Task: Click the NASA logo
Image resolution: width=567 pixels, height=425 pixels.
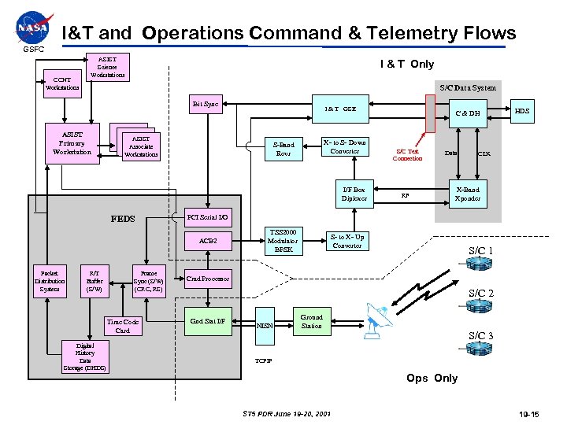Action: point(31,29)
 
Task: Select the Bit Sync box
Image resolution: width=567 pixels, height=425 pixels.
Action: point(206,104)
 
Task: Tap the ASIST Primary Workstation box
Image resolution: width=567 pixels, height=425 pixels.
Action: point(72,142)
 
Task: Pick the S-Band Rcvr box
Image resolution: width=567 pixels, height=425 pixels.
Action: point(283,148)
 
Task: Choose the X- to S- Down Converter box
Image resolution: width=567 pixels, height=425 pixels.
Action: point(345,146)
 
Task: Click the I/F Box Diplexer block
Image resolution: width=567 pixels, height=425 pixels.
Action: point(354,194)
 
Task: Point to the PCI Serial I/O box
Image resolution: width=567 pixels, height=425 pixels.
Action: point(207,216)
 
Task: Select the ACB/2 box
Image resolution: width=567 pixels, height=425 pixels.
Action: point(207,241)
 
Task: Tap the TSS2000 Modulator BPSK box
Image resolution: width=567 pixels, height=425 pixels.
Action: point(283,241)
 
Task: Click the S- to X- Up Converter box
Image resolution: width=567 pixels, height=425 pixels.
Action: point(346,241)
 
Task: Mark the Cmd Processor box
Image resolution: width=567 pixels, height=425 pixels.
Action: point(207,279)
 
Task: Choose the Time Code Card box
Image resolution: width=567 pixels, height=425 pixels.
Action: point(123,326)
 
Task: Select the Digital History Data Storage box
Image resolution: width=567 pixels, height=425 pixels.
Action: point(84,357)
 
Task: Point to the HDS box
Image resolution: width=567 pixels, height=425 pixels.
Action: point(522,111)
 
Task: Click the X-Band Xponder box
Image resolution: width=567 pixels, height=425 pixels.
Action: point(469,194)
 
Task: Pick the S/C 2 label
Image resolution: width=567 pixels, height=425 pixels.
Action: point(481,294)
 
